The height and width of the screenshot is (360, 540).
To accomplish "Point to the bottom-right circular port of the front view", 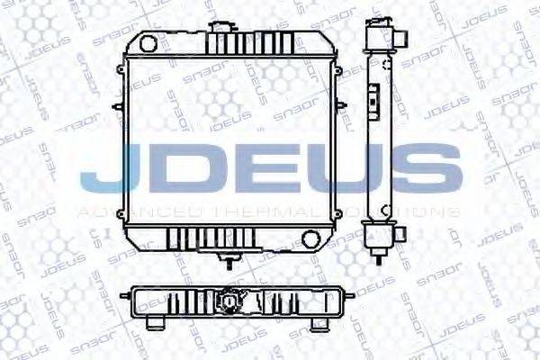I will tap(311, 239).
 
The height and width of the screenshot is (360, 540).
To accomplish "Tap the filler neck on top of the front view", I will tap(219, 25).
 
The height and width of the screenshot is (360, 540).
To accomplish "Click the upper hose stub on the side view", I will tap(402, 39).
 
